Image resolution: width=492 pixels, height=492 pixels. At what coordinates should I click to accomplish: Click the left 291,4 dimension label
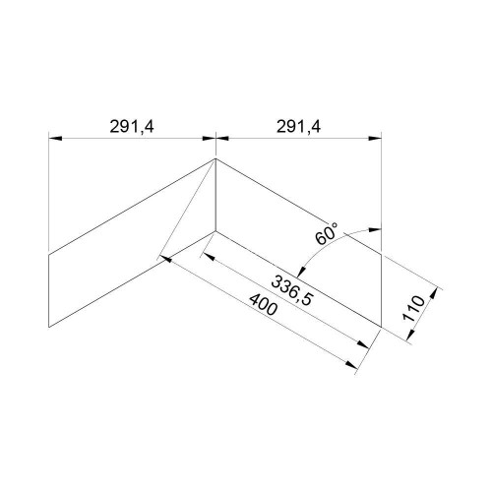[x=132, y=127]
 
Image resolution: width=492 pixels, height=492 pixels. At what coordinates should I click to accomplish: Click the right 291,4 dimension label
[x=298, y=127]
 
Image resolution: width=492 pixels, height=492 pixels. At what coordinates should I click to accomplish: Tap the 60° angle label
[x=326, y=233]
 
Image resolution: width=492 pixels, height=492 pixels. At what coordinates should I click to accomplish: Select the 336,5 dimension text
[x=292, y=290]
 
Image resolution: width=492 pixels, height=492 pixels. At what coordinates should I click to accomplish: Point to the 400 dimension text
[x=264, y=305]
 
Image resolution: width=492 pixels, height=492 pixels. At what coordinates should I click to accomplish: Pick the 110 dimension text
[x=413, y=308]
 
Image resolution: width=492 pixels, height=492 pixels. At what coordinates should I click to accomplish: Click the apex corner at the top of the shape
[x=215, y=158]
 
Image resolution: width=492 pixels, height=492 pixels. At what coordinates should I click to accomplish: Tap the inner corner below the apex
[x=215, y=231]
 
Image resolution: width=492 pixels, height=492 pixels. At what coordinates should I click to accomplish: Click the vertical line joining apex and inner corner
[x=215, y=195]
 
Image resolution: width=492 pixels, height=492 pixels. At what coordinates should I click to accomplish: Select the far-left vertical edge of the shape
[x=48, y=290]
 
